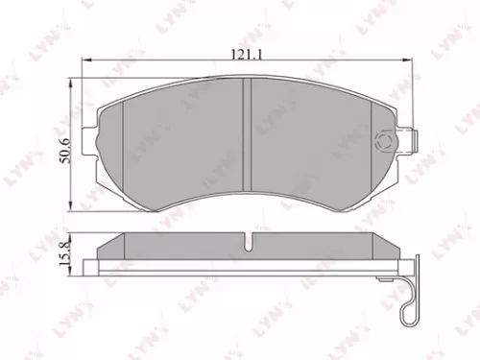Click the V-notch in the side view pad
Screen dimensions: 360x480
click(248, 244)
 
